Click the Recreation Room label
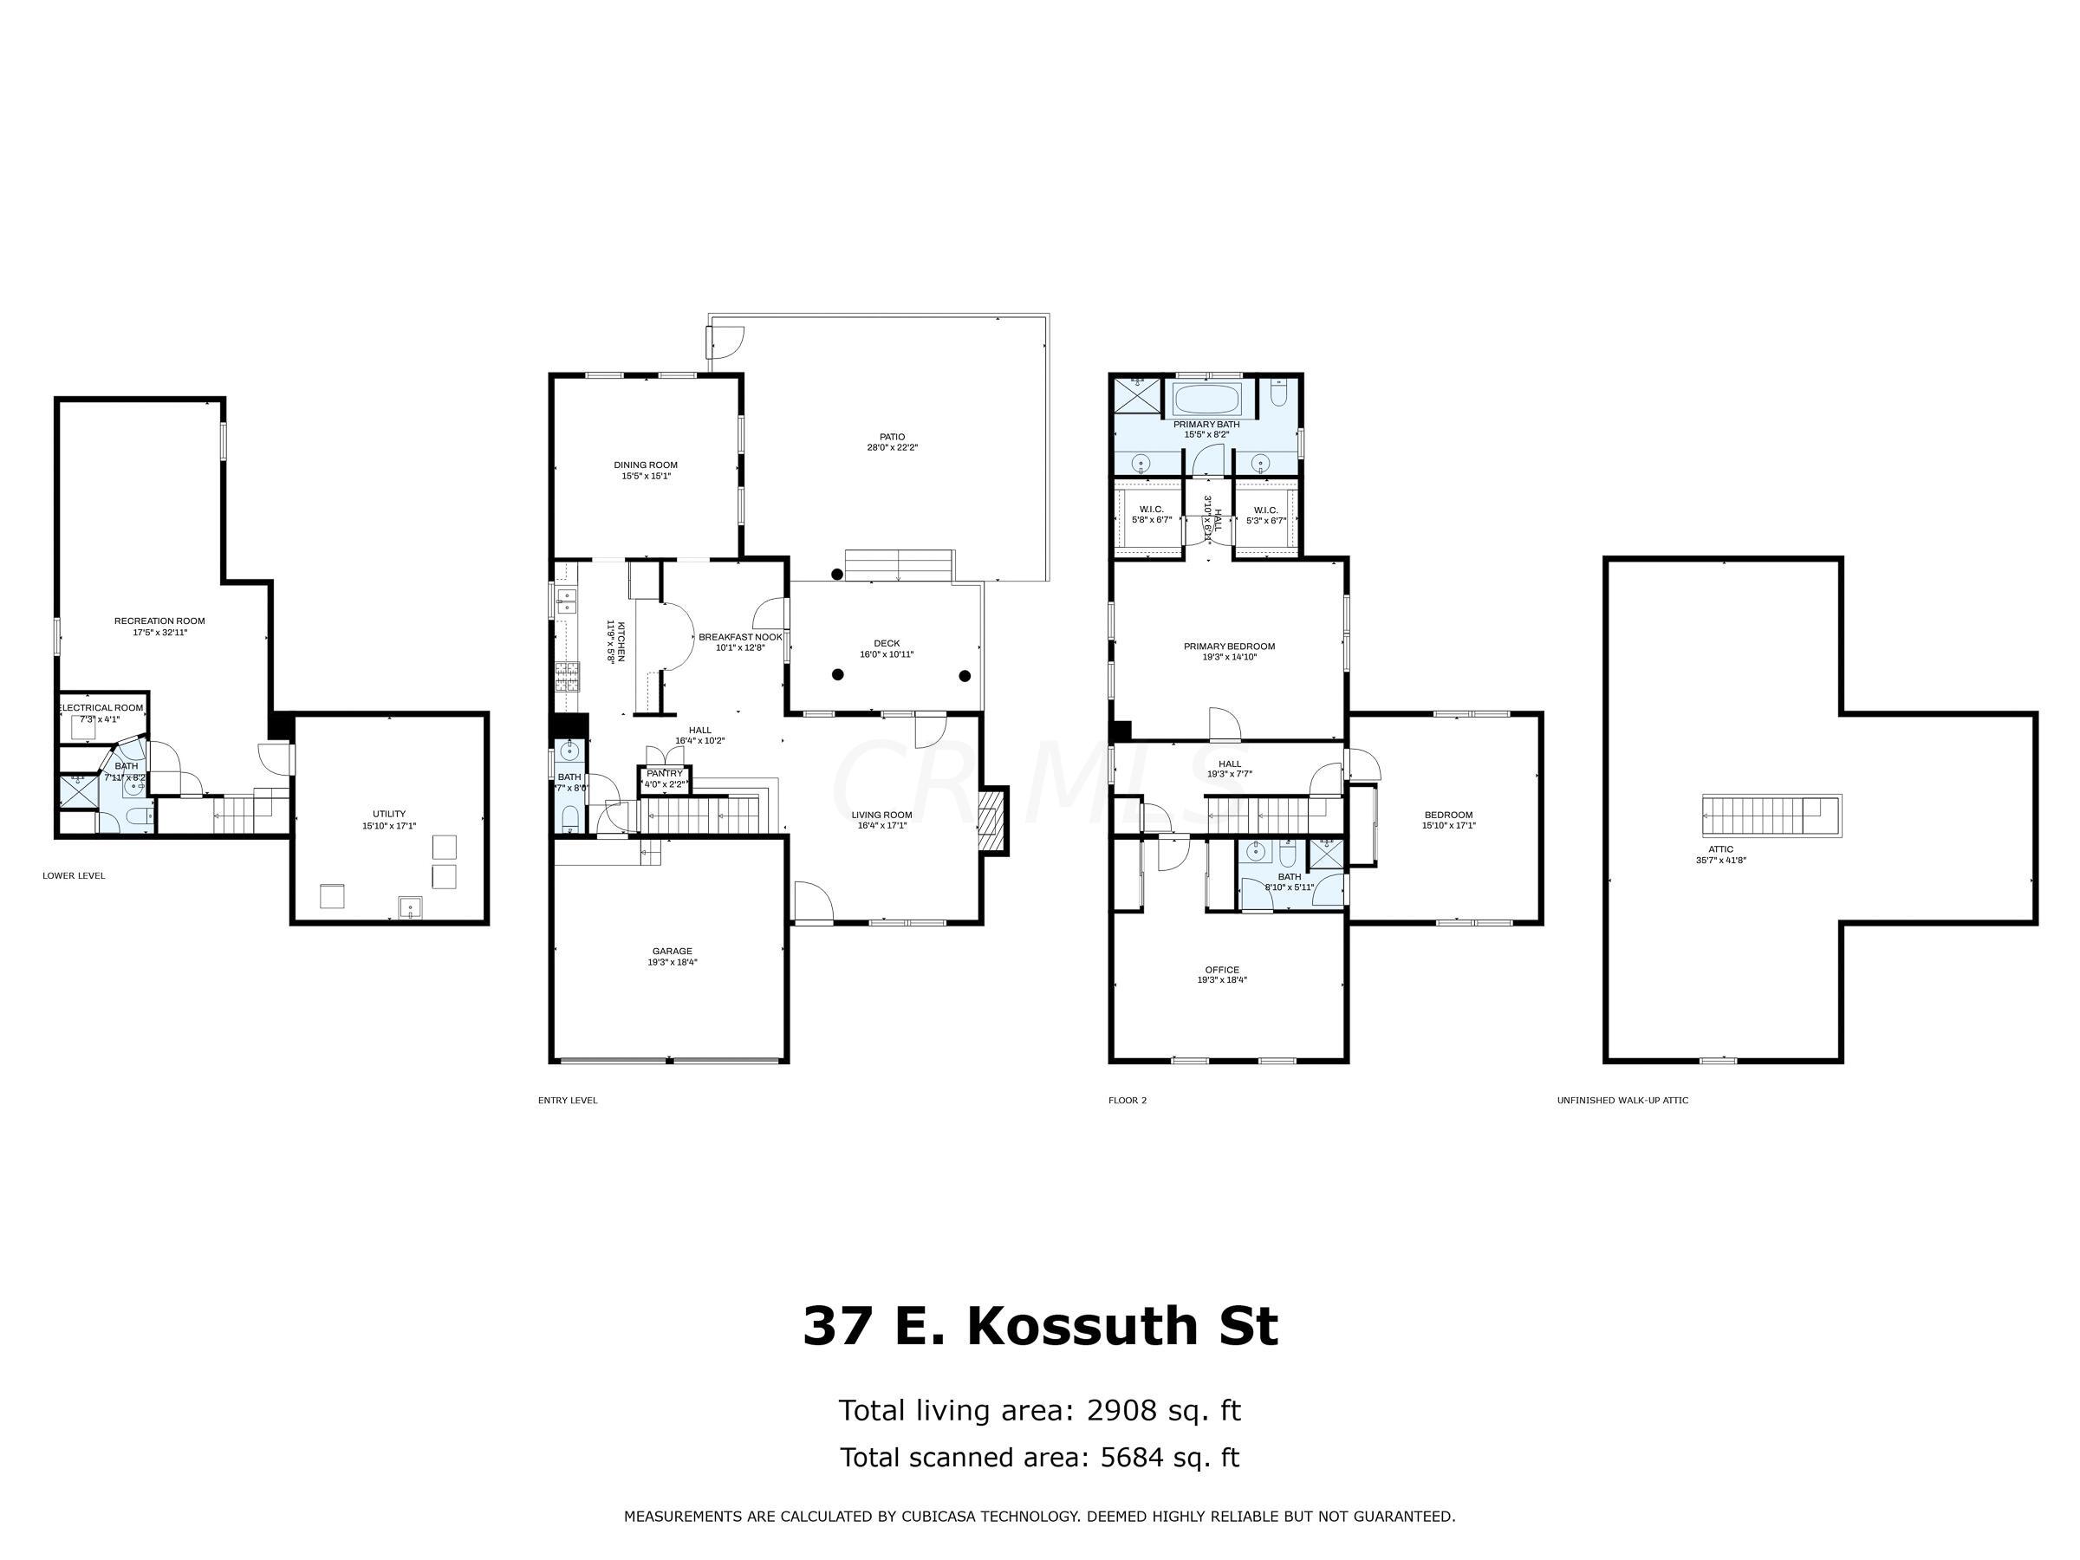159,621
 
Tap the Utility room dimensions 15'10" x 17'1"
388,827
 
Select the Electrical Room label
101,708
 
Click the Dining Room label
645,465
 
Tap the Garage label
672,952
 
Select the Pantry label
664,773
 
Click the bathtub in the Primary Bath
1207,399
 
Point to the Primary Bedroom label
1228,646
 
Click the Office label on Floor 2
1221,970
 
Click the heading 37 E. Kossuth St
1039,1327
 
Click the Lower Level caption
74,876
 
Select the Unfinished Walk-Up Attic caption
1622,1100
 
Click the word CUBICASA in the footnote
943,1517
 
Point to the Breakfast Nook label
739,637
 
